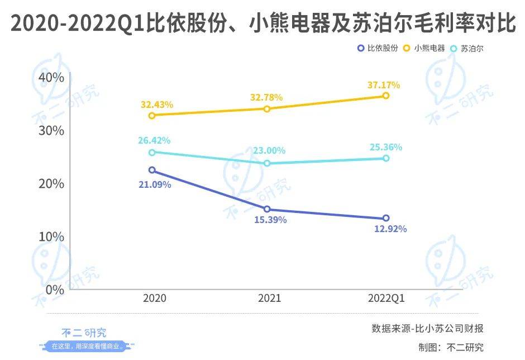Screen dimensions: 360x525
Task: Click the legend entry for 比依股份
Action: pyautogui.click(x=378, y=49)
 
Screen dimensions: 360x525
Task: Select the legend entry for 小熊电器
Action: pyautogui.click(x=425, y=49)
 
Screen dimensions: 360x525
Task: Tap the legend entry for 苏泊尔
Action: pyautogui.click(x=467, y=49)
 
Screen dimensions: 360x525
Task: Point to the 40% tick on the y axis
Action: pyautogui.click(x=51, y=78)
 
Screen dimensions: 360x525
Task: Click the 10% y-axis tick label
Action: pyautogui.click(x=51, y=237)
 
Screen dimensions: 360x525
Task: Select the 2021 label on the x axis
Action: pyautogui.click(x=269, y=299)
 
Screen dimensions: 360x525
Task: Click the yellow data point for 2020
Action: pyautogui.click(x=152, y=116)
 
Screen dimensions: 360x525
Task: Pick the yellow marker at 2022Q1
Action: pyautogui.click(x=385, y=96)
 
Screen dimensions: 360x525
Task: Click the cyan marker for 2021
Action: pyautogui.click(x=267, y=163)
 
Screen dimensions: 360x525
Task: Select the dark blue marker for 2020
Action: pyautogui.click(x=152, y=170)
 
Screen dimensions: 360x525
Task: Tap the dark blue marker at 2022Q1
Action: pyautogui.click(x=385, y=219)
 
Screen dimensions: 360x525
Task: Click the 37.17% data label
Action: pyautogui.click(x=384, y=85)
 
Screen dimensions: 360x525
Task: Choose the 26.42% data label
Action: pyautogui.click(x=155, y=140)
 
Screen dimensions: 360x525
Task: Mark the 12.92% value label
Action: pyautogui.click(x=390, y=229)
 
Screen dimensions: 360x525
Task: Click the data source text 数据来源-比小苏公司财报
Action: pyautogui.click(x=428, y=328)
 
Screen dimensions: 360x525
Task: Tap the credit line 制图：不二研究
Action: pyautogui.click(x=451, y=347)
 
